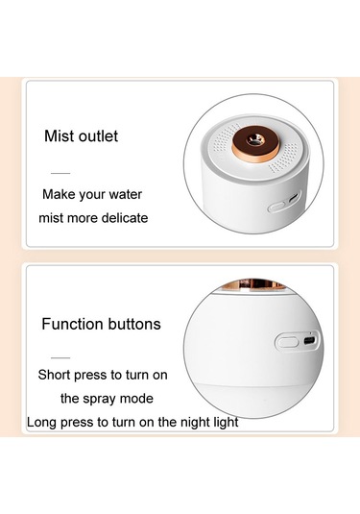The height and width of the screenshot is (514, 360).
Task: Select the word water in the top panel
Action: click(125, 194)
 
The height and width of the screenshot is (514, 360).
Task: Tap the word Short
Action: click(54, 375)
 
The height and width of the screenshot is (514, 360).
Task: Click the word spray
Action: click(99, 399)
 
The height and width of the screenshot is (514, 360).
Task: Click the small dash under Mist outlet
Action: click(60, 173)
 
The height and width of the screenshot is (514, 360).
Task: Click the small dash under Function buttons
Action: click(60, 357)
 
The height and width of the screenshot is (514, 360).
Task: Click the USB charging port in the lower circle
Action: click(309, 341)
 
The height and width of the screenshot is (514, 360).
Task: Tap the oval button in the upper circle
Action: click(277, 208)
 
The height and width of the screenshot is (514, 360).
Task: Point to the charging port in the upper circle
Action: click(293, 198)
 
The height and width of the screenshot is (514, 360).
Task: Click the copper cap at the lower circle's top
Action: click(252, 284)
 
